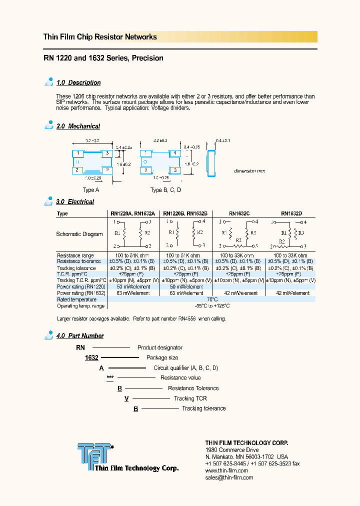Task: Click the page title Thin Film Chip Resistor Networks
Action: [x=100, y=37]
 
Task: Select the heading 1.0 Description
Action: [x=78, y=82]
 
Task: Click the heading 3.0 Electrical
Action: [x=75, y=201]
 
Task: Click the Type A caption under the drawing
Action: [x=91, y=190]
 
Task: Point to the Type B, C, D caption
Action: [x=165, y=190]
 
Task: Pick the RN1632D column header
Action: [x=291, y=213]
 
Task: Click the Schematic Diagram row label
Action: [x=79, y=234]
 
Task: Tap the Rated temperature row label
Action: [x=76, y=299]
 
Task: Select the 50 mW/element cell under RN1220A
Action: [x=133, y=286]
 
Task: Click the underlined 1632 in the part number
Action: [x=91, y=358]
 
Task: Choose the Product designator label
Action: [x=160, y=347]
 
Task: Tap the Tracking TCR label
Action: [x=190, y=398]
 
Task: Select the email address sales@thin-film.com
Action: [x=229, y=477]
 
